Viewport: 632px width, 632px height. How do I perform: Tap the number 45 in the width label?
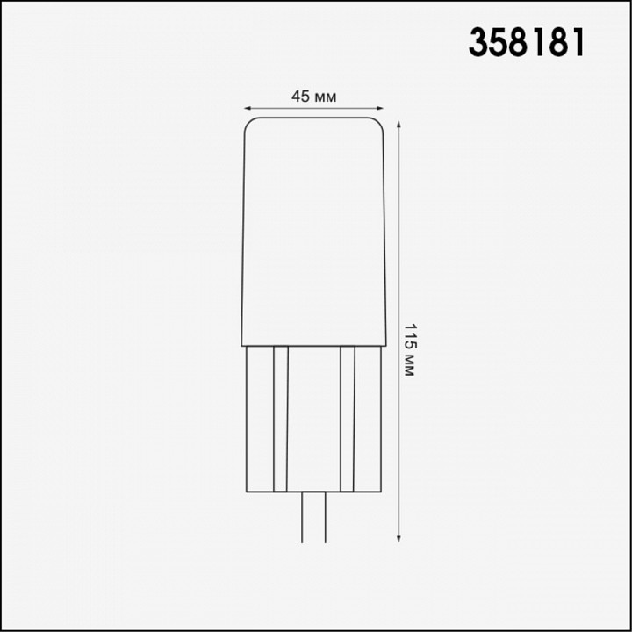click(300, 97)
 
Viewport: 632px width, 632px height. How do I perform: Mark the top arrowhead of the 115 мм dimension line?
click(400, 123)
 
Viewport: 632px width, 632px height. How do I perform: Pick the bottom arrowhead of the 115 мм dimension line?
click(400, 536)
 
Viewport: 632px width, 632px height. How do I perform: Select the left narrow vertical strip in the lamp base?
click(281, 418)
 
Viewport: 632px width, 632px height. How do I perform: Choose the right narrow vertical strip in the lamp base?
click(347, 418)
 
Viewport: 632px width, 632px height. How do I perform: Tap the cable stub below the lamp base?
click(313, 518)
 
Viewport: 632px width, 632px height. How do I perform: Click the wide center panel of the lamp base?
click(313, 418)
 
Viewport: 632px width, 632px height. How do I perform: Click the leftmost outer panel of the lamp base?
click(259, 418)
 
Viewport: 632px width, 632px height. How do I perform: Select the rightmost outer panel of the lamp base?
click(368, 418)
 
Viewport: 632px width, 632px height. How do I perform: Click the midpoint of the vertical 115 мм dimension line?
click(400, 329)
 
